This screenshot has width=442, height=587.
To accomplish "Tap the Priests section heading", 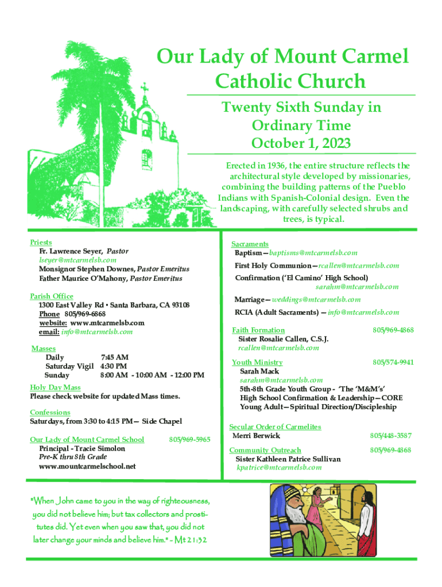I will click(41, 243).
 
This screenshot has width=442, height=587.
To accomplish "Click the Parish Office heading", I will click(52, 296).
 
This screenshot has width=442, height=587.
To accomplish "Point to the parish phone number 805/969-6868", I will click(85, 314).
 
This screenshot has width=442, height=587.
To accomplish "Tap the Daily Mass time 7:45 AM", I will click(114, 358).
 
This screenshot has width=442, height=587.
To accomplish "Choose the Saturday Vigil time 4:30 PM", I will click(114, 366).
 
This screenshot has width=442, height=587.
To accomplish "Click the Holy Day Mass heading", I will click(55, 388).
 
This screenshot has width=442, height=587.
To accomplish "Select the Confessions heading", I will click(50, 412).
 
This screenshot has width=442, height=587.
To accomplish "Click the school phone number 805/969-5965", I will click(190, 440).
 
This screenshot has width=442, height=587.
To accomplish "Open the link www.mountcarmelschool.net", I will click(87, 466).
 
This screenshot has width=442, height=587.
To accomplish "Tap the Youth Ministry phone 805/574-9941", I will click(393, 362).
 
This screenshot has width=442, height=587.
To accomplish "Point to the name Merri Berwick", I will click(256, 436).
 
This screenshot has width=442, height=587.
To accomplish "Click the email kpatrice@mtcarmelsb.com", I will click(279, 468).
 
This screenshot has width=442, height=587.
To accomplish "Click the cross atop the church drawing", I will click(145, 89).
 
